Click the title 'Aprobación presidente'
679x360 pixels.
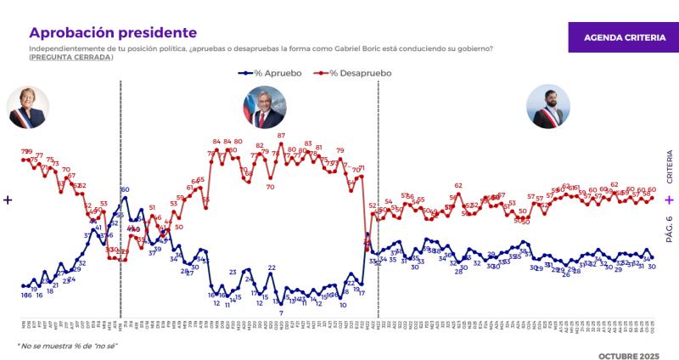[x=113, y=32]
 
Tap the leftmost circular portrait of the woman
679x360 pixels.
[x=25, y=108]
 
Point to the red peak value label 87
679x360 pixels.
[x=281, y=136]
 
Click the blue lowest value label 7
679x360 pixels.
[x=281, y=313]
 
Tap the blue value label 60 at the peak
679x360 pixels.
[x=125, y=189]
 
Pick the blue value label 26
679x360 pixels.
[x=566, y=274]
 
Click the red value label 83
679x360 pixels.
[x=308, y=143]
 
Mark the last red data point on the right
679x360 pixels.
[x=652, y=199]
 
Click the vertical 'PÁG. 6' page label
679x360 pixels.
[x=669, y=229]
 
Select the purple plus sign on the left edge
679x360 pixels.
[x=8, y=200]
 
